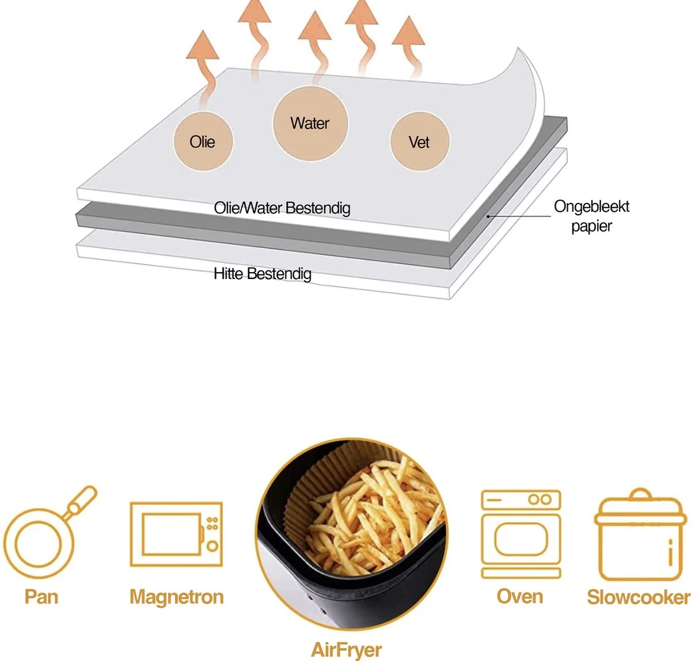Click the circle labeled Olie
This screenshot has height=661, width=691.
pos(203,142)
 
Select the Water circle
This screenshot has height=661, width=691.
pos(310,124)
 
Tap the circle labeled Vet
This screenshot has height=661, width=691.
pos(419,142)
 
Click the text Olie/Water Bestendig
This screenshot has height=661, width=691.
pos(282,208)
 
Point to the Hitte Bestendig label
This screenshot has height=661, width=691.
pos(263,273)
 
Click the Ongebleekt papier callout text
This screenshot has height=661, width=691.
pos(591,216)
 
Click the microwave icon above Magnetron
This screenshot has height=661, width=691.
pos(176,534)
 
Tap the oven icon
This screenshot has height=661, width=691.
pos(521,533)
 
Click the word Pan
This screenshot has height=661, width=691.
pos(41,597)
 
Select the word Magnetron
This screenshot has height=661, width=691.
pos(176,597)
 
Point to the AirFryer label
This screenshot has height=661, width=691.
pos(346,649)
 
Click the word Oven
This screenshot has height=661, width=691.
pos(520,597)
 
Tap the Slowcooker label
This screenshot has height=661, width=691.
pos(639,597)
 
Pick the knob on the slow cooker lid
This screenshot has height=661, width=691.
pos(640,494)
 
